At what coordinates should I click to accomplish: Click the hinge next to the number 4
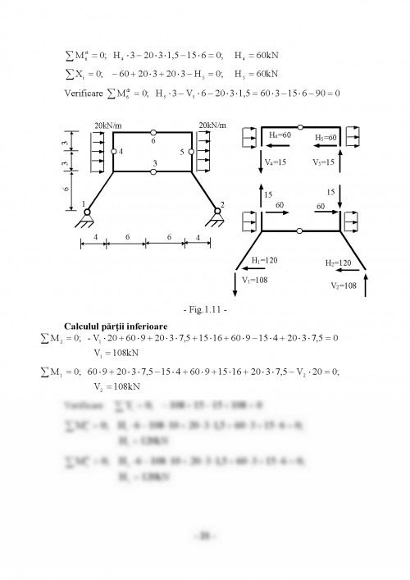(113, 152)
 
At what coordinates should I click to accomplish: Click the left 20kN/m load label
(97, 124)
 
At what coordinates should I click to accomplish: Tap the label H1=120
(264, 260)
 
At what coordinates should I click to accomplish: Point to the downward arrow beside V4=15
(262, 162)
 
